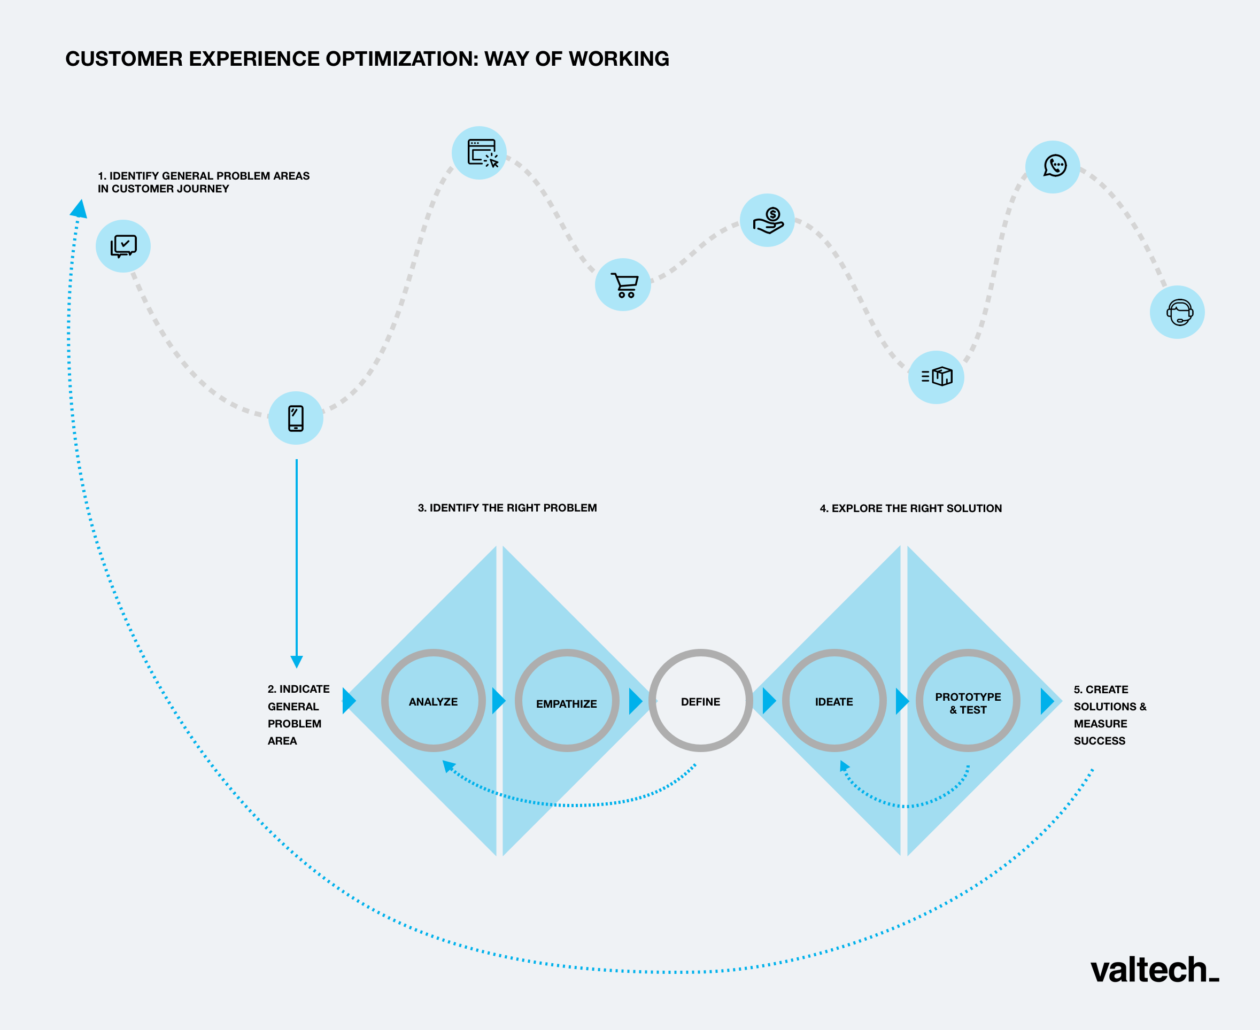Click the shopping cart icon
623,285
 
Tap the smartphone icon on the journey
296,419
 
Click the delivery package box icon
937,377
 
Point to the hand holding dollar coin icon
768,221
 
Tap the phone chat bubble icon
1054,166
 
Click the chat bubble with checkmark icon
123,246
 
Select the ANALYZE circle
433,701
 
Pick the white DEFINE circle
700,701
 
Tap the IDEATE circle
834,701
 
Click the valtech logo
1154,971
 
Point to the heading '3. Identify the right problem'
507,508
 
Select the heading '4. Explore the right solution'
910,508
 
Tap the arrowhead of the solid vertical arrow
297,662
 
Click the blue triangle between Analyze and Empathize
499,701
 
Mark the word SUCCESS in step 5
1099,740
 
